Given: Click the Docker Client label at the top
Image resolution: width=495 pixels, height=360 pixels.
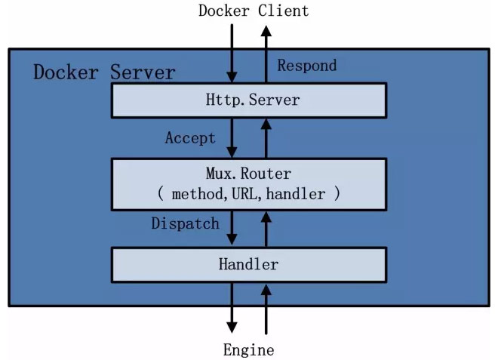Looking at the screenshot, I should pos(253,11).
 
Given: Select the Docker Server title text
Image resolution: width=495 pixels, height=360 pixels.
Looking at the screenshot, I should pos(104,72).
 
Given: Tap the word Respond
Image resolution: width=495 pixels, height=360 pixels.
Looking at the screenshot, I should pos(306,65).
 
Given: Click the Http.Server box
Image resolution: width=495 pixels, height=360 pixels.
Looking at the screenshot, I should pos(248,100).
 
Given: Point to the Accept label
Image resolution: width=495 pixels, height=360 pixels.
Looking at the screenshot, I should pos(190,138).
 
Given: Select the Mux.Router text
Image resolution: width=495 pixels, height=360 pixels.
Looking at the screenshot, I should pos(248,174).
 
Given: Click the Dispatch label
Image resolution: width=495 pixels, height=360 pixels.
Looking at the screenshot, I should pos(185,223).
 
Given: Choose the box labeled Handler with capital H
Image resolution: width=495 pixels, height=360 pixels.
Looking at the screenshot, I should pos(248,264).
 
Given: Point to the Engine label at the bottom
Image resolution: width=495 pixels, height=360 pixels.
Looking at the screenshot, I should pos(248,349).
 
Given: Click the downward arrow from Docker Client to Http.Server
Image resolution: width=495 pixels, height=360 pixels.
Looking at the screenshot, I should pos(232,53).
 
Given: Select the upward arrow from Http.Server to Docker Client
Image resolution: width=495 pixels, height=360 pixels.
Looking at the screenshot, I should pos(265,53).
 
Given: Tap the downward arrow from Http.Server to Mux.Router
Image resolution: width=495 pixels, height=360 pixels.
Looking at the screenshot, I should pos(232,137).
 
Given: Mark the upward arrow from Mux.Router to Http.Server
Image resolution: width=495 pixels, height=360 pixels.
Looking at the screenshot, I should pos(265,137).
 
